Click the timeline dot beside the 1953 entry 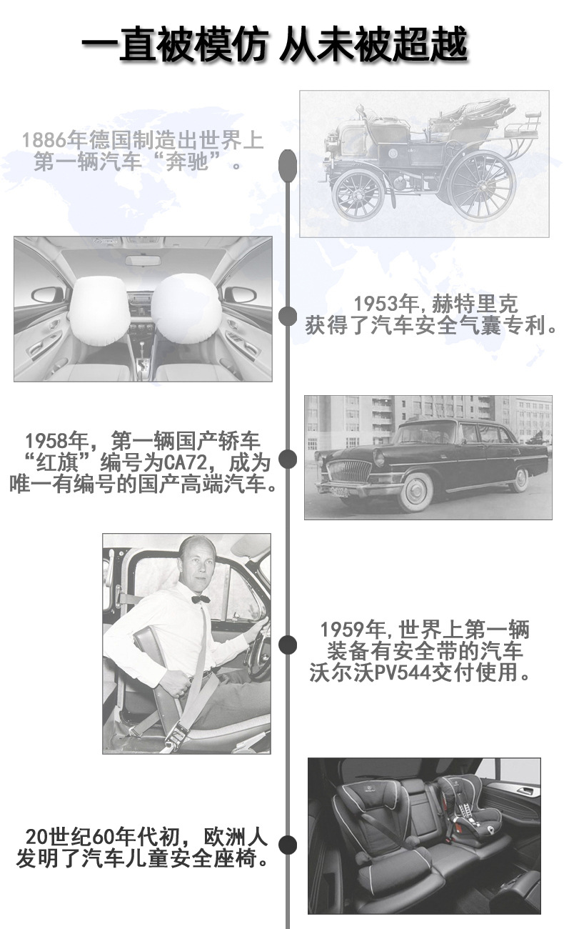click(x=287, y=316)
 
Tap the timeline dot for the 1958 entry click(x=287, y=459)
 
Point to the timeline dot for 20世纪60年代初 click(x=287, y=845)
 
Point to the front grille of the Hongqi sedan click(x=349, y=472)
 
